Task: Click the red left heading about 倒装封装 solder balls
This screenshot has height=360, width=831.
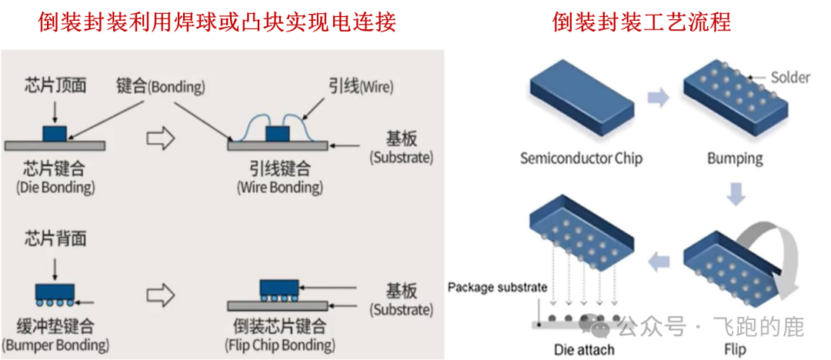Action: pos(217,22)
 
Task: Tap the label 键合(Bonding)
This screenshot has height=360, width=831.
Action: pos(161,86)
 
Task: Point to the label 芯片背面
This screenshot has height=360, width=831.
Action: pos(55,238)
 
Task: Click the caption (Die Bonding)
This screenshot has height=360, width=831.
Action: pos(55,188)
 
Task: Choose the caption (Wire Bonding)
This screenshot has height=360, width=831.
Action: pos(279,188)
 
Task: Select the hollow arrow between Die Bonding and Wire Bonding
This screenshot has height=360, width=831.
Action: pos(161,139)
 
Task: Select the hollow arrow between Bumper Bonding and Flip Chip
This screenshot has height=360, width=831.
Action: pos(161,295)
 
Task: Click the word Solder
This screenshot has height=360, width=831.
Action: pos(790,78)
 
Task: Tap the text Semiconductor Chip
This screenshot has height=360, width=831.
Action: pos(581,159)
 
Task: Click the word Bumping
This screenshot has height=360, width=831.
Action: pos(735,159)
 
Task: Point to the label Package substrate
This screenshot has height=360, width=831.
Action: pos(497,288)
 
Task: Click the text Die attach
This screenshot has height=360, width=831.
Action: pos(585,350)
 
